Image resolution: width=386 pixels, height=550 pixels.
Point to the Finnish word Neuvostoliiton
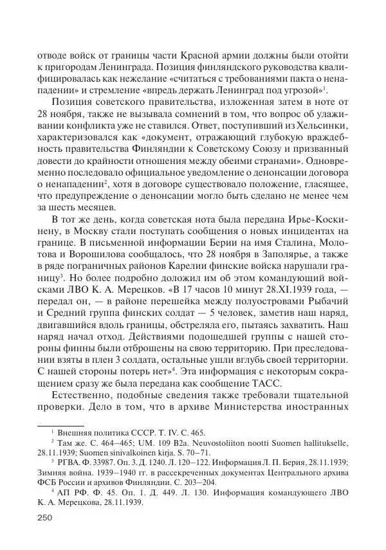click(x=197, y=444)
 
